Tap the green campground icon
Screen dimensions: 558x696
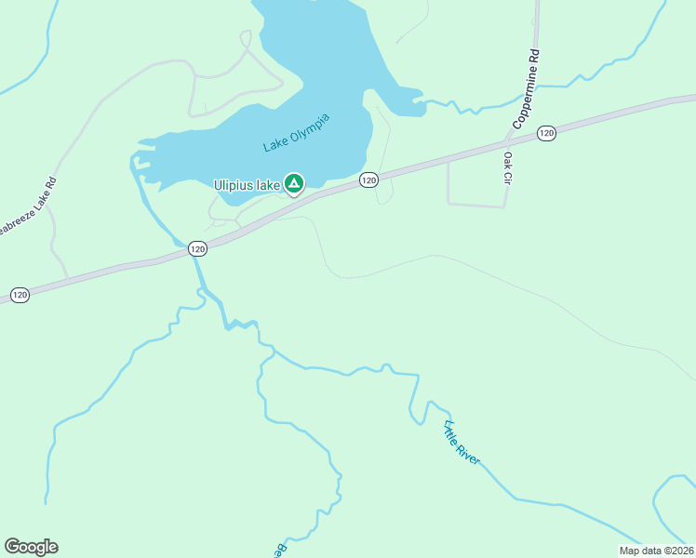(x=294, y=183)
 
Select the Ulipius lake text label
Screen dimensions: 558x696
(x=248, y=185)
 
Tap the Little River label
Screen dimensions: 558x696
(x=462, y=444)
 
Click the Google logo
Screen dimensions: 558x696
(x=31, y=547)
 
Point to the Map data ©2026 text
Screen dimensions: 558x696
(x=655, y=551)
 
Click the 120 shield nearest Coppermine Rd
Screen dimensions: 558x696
(x=546, y=134)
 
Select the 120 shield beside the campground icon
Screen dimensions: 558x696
(x=368, y=179)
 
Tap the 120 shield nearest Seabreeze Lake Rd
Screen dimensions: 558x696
(x=20, y=295)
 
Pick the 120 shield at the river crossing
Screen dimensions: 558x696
(x=196, y=248)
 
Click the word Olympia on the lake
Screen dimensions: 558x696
(x=311, y=132)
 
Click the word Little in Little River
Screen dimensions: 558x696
(x=451, y=432)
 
